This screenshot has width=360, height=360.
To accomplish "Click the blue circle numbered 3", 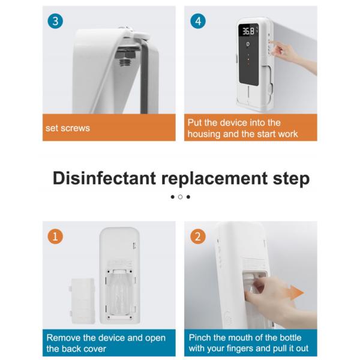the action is pyautogui.click(x=55, y=21).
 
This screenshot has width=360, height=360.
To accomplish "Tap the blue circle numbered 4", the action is pyautogui.click(x=198, y=21).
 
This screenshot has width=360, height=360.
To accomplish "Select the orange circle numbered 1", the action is pyautogui.click(x=55, y=236).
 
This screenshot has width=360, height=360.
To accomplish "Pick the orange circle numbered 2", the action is pyautogui.click(x=198, y=236).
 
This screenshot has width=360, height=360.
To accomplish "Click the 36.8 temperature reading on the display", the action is pyautogui.click(x=248, y=31).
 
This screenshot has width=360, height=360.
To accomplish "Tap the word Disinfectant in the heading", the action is pyautogui.click(x=104, y=178).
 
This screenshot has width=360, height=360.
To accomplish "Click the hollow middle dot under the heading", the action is pyautogui.click(x=180, y=197).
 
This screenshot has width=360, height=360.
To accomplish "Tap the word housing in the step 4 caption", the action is pyautogui.click(x=204, y=134).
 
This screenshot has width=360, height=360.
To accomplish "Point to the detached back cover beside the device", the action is pyautogui.click(x=82, y=301).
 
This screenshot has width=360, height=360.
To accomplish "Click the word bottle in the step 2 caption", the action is pyautogui.click(x=288, y=338).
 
